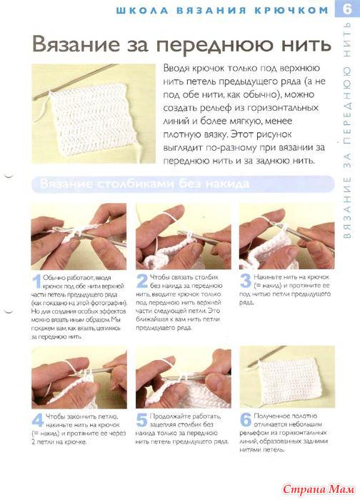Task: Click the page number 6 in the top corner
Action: pyautogui.click(x=347, y=9)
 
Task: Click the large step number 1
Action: pyautogui.click(x=37, y=281)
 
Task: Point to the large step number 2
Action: pyautogui.click(x=141, y=281)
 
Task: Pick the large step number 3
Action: pyautogui.click(x=246, y=281)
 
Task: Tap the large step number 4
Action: pyautogui.click(x=38, y=420)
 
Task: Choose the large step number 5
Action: pyautogui.click(x=141, y=420)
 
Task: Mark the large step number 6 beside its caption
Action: pyautogui.click(x=246, y=420)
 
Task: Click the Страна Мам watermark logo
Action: pyautogui.click(x=319, y=489)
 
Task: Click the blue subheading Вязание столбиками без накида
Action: pyautogui.click(x=144, y=184)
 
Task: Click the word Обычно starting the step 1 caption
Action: pyautogui.click(x=54, y=278)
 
